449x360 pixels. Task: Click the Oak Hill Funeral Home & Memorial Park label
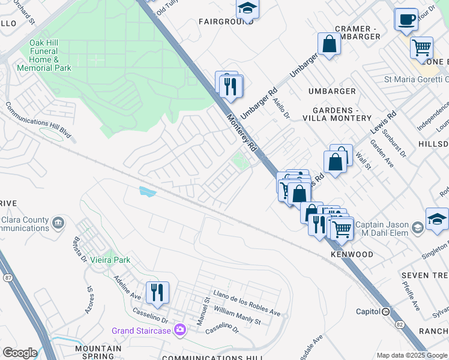point(51,55)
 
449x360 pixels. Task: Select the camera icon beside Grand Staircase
point(179,330)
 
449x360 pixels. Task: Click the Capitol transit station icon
point(386,311)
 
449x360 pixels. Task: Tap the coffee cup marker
point(406,19)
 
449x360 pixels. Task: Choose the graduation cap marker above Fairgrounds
point(246,9)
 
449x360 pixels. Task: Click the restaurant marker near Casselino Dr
point(157,293)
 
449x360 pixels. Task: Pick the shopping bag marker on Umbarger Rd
point(330,44)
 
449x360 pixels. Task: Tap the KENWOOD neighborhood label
point(352,254)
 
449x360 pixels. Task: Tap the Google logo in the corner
point(19,353)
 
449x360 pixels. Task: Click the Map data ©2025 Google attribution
point(412,355)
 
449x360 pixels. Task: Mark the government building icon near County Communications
point(58,223)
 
